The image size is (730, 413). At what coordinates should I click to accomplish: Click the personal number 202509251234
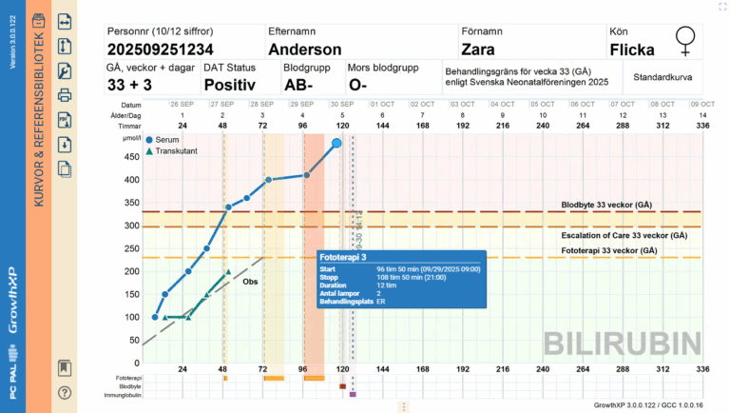tap(161, 49)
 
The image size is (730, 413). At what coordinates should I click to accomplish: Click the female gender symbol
tap(683, 40)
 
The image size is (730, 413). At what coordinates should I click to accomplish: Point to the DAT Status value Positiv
tap(231, 84)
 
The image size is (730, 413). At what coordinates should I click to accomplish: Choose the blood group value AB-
tap(300, 84)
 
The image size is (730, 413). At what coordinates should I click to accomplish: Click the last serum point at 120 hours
tap(336, 143)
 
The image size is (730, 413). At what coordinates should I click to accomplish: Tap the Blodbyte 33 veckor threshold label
tap(605, 205)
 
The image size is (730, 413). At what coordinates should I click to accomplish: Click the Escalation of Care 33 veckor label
tap(624, 235)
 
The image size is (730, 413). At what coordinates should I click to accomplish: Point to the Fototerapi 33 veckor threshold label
tap(608, 250)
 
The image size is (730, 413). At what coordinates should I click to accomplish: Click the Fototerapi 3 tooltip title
tap(344, 257)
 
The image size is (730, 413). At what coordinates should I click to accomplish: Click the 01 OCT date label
tap(382, 105)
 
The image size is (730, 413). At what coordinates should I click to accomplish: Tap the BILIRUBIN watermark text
tap(623, 342)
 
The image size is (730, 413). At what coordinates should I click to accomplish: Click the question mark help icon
tap(65, 392)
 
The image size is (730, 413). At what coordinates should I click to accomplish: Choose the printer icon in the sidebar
tap(65, 95)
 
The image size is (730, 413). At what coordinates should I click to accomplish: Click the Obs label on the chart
tap(251, 282)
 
